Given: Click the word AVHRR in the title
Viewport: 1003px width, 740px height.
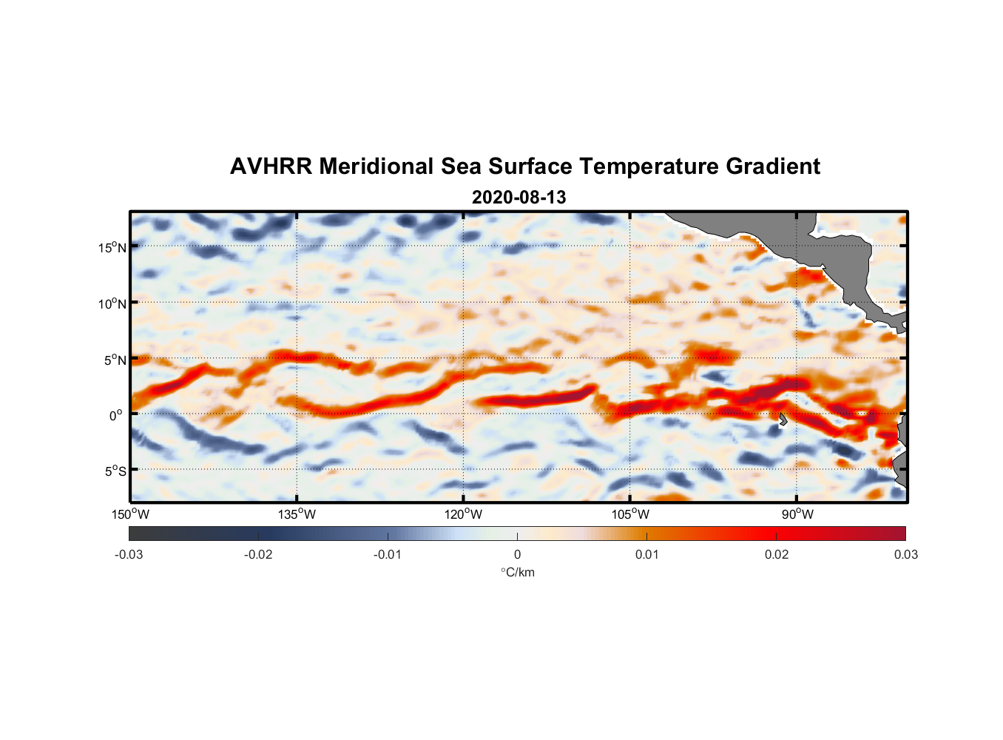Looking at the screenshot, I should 271,166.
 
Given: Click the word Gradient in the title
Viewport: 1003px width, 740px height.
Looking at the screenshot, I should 773,166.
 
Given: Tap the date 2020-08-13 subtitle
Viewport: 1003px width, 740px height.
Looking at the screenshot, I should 519,198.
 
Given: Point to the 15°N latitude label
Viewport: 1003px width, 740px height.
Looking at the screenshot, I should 112,247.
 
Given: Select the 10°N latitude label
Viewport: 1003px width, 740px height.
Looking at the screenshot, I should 112,303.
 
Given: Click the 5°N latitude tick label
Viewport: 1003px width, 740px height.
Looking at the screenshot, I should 115,360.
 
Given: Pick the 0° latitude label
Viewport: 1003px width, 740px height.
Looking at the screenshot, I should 116,415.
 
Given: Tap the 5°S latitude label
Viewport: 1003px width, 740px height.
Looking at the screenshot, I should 115,471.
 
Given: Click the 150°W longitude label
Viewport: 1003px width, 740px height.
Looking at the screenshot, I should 131,514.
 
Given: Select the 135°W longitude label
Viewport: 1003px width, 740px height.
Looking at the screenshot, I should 297,514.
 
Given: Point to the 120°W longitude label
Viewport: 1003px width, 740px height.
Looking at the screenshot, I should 464,514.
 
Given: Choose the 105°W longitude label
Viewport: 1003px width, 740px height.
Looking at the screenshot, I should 630,514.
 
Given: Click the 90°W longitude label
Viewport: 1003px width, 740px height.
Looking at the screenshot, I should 797,514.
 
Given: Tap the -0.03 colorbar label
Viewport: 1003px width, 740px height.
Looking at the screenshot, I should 129,554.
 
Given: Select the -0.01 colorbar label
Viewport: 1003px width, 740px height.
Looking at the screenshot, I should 388,554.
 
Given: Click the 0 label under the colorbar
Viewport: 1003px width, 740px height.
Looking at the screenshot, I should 517,554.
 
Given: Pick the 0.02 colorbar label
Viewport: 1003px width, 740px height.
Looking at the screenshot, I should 776,554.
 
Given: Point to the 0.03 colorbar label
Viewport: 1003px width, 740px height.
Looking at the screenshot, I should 905,554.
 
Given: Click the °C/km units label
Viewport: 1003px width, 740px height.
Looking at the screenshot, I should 517,572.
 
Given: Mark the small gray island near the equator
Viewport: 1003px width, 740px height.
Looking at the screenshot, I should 783,420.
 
